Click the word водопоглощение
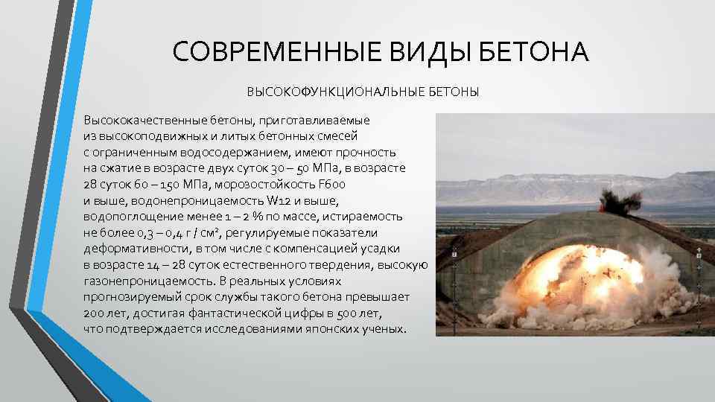[x=124, y=216]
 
